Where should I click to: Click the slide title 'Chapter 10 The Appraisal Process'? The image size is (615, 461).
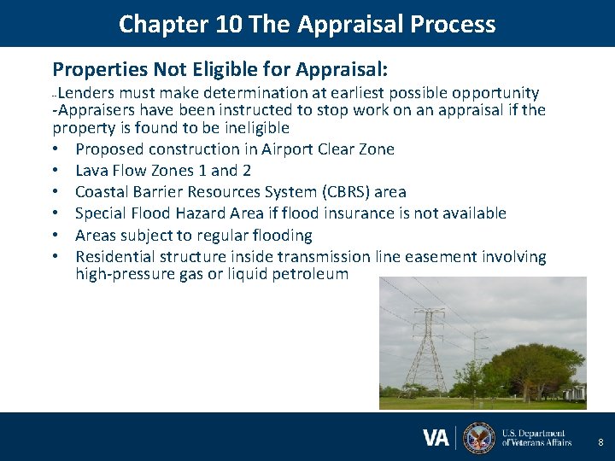click(307, 23)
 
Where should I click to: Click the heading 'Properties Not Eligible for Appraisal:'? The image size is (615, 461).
click(220, 68)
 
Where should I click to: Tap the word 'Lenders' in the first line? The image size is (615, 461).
click(86, 93)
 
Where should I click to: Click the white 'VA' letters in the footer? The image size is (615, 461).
click(436, 438)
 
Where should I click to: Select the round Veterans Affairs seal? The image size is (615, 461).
click(478, 438)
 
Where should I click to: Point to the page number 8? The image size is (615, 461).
click(600, 443)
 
